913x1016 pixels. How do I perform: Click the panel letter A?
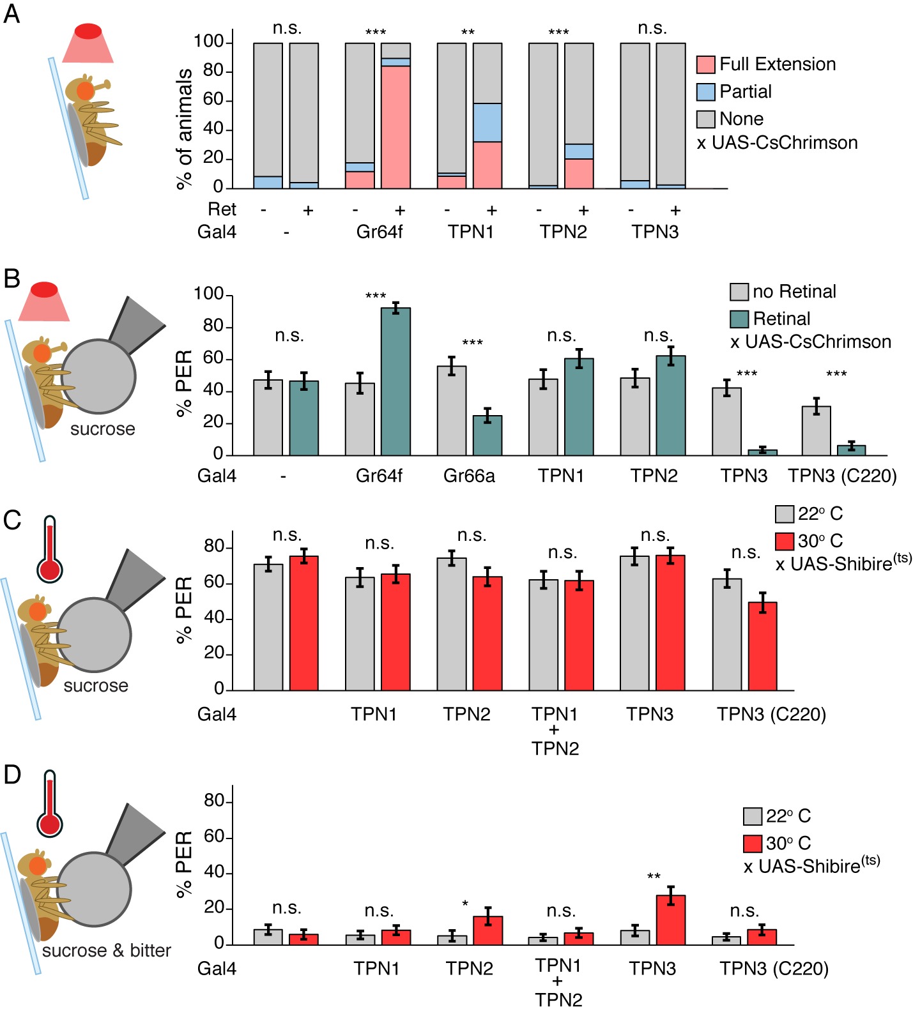tap(12, 13)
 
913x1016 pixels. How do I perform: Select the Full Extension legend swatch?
tap(705, 64)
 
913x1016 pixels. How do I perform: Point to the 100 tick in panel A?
tap(208, 42)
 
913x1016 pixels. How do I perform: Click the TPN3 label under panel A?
tap(655, 232)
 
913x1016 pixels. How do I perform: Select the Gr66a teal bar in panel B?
tap(487, 436)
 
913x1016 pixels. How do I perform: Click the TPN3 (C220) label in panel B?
tap(842, 476)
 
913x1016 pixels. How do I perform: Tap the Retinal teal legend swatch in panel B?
tap(739, 319)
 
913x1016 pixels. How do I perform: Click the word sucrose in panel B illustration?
tap(102, 429)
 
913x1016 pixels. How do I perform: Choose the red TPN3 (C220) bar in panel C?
tap(762, 646)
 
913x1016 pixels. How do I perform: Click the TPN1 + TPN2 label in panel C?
tap(555, 731)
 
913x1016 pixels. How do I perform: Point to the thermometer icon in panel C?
tap(50, 550)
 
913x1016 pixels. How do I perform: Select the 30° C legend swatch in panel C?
tap(784, 542)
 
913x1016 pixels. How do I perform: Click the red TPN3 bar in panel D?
tap(670, 920)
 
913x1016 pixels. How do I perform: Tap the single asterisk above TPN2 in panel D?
tap(465, 904)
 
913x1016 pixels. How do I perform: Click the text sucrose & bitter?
tap(106, 951)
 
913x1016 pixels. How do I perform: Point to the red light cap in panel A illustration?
tap(88, 31)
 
